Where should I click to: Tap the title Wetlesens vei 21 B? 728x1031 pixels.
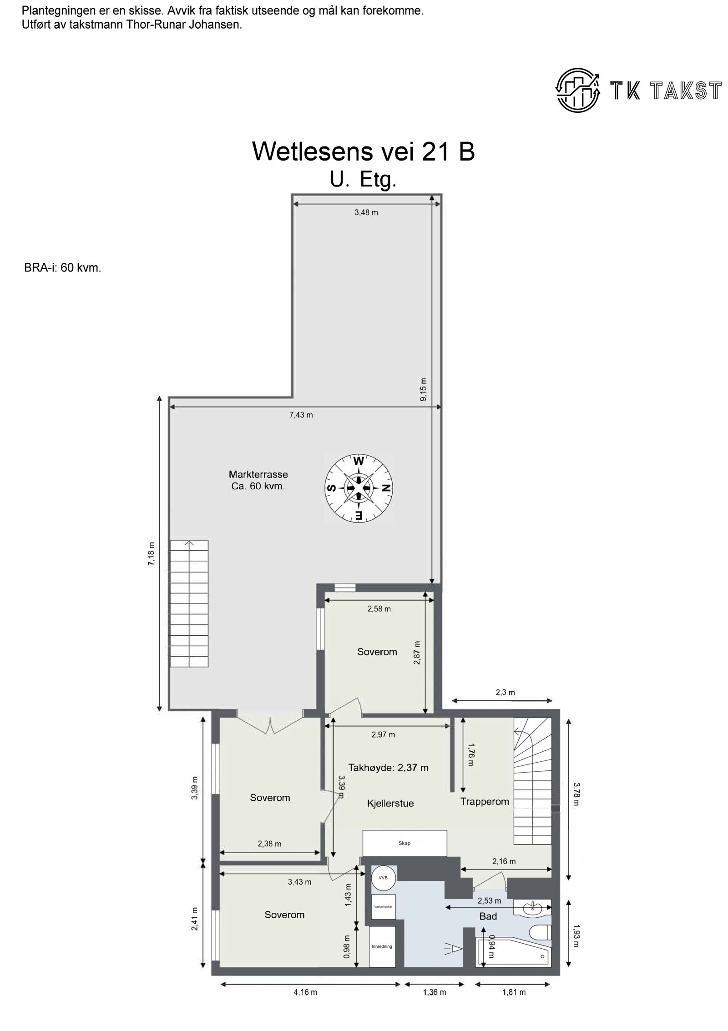click(364, 151)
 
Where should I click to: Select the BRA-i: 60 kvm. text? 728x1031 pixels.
click(63, 268)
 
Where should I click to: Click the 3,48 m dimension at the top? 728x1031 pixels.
click(366, 212)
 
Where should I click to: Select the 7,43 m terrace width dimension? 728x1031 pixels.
click(301, 415)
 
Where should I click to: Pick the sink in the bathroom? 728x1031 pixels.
click(532, 908)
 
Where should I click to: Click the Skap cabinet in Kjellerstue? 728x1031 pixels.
click(404, 843)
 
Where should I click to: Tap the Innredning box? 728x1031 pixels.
click(382, 946)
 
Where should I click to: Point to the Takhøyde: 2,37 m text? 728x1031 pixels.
click(388, 768)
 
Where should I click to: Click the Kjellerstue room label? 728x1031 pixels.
click(390, 803)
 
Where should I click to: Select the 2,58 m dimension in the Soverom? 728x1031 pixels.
click(379, 609)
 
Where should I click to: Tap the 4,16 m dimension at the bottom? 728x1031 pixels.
click(305, 992)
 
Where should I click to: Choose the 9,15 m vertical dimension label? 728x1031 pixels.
click(424, 389)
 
